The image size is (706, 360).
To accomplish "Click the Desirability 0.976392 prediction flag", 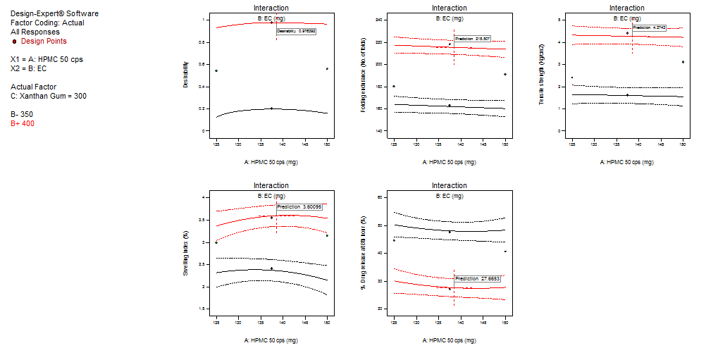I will pyautogui.click(x=295, y=32).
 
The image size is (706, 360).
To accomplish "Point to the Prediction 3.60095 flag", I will pyautogui.click(x=300, y=207).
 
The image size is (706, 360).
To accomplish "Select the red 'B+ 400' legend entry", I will pyautogui.click(x=23, y=124).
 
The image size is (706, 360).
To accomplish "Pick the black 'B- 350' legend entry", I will pyautogui.click(x=22, y=114).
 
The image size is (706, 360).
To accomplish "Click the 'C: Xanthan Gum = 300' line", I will pyautogui.click(x=49, y=96).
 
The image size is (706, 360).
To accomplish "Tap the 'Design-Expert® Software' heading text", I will pyautogui.click(x=54, y=14).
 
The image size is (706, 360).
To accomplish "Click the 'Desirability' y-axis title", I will pyautogui.click(x=186, y=74).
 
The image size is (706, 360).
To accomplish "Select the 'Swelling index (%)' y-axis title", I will pyautogui.click(x=186, y=253).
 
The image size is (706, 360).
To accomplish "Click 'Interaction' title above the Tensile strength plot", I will pyautogui.click(x=626, y=8).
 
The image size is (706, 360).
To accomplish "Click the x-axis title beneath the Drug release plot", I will pyautogui.click(x=449, y=340).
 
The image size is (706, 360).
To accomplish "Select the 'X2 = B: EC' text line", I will pyautogui.click(x=29, y=69).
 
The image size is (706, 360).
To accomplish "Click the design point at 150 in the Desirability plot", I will pyautogui.click(x=327, y=68).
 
